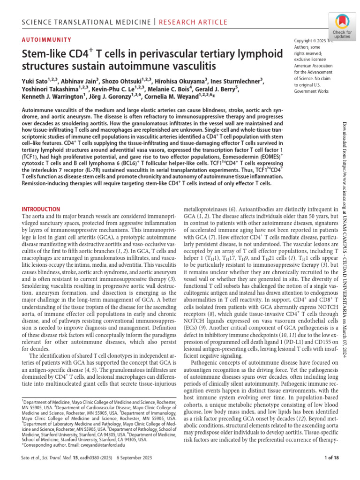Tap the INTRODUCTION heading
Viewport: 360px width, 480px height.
(x=41, y=209)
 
